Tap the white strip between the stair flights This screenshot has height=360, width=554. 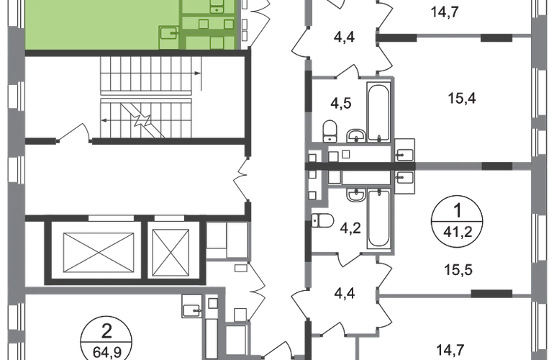[x=146, y=96]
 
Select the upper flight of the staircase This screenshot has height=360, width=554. [x=146, y=76]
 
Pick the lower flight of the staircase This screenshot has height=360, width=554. [x=146, y=120]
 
